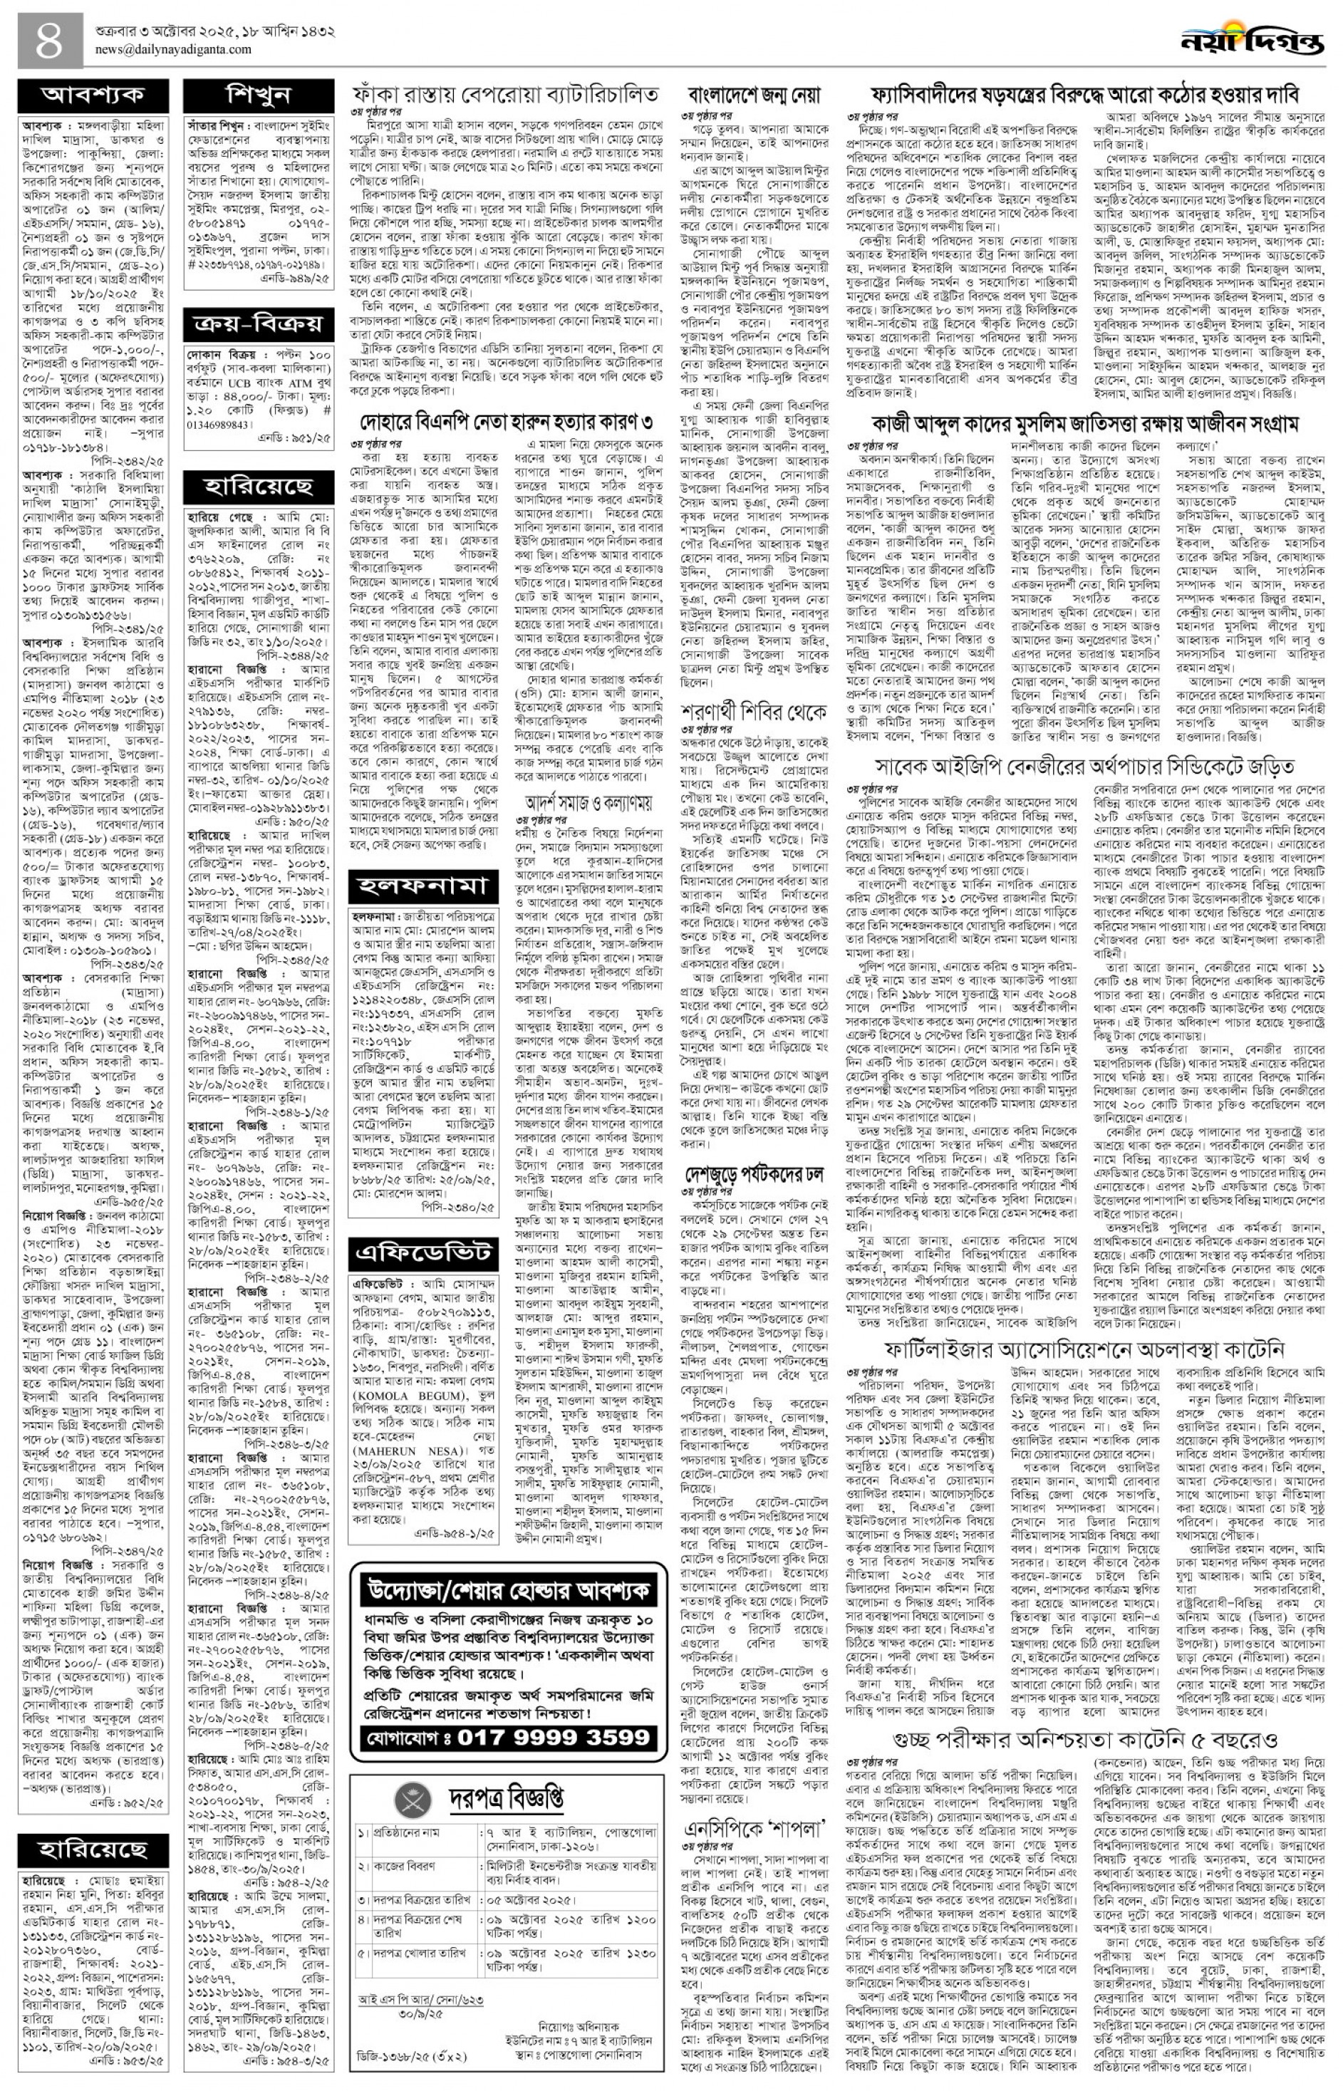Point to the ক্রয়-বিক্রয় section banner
pos(258,326)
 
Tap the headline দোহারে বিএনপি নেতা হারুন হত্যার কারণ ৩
pos(507,423)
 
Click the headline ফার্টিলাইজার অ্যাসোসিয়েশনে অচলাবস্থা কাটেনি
pos(1084,1347)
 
